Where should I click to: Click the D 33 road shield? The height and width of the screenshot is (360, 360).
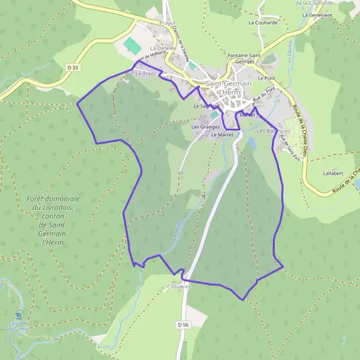(x=74, y=68)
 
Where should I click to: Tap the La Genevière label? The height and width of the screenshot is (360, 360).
(x=317, y=15)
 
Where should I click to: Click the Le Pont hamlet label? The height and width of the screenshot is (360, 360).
(x=266, y=79)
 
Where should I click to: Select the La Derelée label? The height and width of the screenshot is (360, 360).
(x=163, y=47)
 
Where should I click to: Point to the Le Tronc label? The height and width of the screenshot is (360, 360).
(x=146, y=74)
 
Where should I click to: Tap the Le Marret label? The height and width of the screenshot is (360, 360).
(x=222, y=135)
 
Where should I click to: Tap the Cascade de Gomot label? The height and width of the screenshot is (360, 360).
(x=18, y=328)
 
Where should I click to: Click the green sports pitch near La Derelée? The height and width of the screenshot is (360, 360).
(x=131, y=44)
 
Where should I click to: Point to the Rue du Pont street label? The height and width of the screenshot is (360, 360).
(x=265, y=94)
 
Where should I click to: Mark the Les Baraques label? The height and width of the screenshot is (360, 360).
(x=274, y=130)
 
